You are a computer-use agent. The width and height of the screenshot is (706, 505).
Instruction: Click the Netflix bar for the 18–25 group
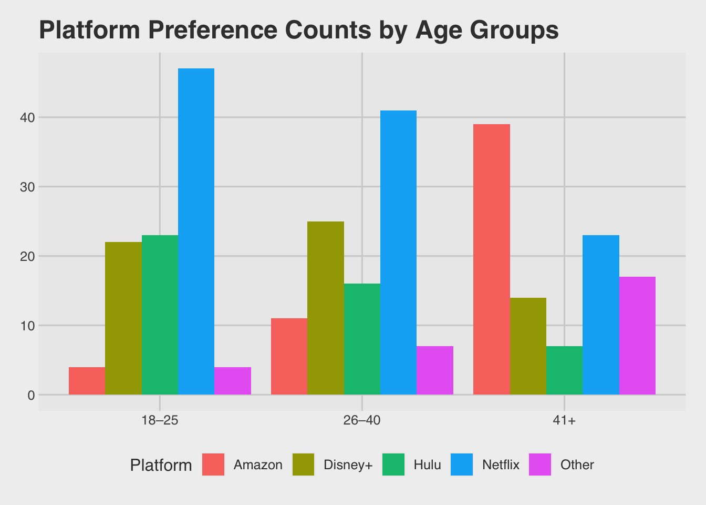pos(196,231)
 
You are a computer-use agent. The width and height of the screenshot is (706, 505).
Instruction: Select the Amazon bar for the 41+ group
pos(492,259)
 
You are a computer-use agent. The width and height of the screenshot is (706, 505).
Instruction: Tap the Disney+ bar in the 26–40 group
pos(326,308)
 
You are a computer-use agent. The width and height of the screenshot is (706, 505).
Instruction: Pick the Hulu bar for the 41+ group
pos(564,370)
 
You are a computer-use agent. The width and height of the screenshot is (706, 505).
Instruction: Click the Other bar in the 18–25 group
pos(233,381)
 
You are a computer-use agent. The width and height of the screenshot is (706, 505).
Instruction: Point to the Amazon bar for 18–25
pos(87,381)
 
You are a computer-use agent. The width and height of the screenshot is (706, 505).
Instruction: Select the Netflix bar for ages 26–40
pos(398,252)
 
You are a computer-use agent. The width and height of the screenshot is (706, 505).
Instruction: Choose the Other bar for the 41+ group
pos(637,336)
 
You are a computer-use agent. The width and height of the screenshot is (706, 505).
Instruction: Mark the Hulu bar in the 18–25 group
pos(160,315)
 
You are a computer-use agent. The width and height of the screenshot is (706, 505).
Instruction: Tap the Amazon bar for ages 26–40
pos(289,356)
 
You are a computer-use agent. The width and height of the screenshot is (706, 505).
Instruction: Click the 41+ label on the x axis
pos(564,421)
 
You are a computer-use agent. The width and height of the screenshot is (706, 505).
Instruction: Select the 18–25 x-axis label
pos(160,421)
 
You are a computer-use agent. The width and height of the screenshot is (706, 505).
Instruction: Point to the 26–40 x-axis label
pos(362,421)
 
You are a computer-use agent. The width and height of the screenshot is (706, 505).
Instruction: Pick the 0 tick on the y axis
pos(30,395)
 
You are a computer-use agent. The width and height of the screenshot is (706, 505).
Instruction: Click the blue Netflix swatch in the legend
pos(462,464)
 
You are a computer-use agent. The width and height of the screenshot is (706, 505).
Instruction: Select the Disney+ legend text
pos(348,465)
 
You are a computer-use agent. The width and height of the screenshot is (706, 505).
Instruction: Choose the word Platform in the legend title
pos(161,466)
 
